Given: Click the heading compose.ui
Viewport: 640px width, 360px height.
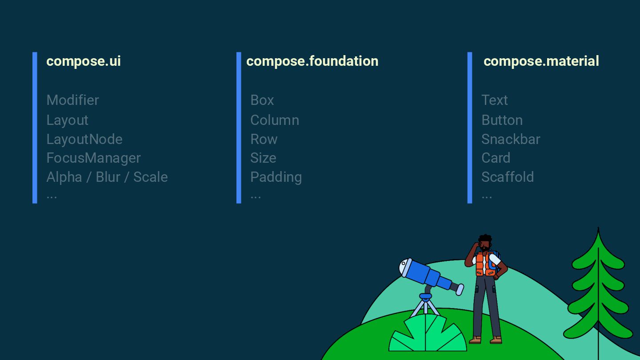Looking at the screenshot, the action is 84,61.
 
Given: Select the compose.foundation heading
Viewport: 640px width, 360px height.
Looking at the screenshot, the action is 312,61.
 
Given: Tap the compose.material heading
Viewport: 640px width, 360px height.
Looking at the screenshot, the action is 541,61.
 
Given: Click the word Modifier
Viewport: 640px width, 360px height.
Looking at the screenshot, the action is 72,100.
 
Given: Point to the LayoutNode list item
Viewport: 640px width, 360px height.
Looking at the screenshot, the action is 84,139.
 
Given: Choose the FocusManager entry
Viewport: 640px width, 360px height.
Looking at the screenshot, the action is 93,158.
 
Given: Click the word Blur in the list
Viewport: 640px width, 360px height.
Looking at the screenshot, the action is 108,177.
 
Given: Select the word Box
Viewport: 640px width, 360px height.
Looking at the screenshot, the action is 262,100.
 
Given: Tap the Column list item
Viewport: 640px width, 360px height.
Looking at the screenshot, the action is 274,120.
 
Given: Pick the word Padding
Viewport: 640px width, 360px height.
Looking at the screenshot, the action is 276,177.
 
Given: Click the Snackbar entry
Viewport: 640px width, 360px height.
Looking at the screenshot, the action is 510,139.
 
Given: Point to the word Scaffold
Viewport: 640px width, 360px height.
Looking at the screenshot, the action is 507,177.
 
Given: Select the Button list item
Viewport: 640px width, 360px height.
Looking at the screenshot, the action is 502,120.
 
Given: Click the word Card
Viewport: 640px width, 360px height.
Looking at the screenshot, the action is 496,158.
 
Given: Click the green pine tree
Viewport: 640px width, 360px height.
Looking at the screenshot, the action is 598,289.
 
